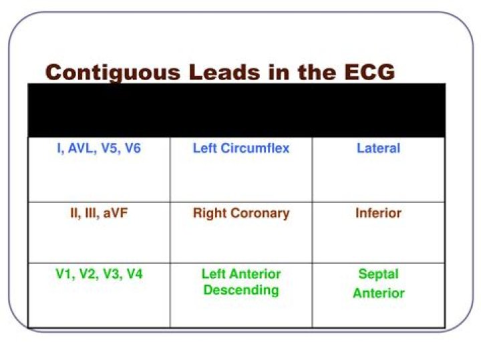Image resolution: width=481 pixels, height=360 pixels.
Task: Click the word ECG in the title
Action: coord(365,71)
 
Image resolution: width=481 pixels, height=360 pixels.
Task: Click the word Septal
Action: coord(378,274)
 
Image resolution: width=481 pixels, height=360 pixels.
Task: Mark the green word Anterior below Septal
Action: coord(378,293)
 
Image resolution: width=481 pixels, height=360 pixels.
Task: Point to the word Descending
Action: coord(241,291)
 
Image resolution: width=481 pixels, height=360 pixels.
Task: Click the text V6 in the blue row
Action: coord(132,148)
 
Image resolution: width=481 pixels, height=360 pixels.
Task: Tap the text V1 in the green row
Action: coord(64,274)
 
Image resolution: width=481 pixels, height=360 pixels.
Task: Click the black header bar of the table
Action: coord(236,110)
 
